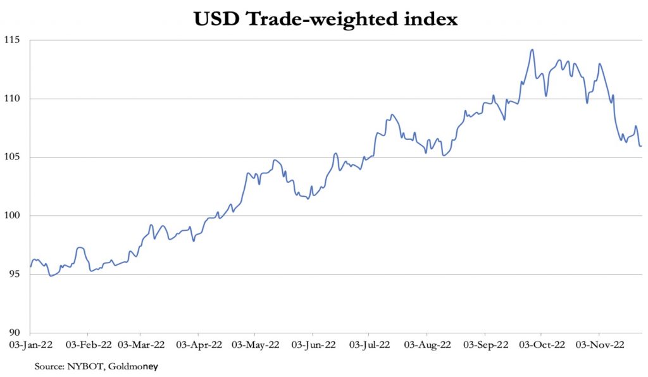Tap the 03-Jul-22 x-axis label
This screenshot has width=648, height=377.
tap(369, 345)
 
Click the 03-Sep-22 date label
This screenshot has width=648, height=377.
tap(485, 345)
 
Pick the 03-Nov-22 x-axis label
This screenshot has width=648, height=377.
tap(599, 345)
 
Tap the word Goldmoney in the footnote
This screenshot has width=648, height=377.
tap(132, 366)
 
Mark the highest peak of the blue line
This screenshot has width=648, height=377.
tap(532, 49)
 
